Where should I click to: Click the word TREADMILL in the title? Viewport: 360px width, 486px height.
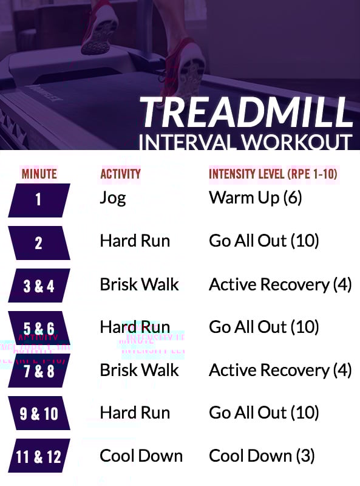246,112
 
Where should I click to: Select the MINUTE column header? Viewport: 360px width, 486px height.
39,174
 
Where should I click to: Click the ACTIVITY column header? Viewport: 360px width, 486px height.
120,174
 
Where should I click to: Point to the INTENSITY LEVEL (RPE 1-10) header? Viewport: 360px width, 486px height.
273,174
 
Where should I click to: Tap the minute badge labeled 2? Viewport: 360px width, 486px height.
39,243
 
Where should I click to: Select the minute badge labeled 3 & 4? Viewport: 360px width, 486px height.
39,286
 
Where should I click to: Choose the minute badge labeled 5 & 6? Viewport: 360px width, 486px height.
39,328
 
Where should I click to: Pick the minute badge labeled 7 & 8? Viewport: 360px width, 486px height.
39,371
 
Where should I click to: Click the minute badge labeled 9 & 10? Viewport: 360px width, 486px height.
39,414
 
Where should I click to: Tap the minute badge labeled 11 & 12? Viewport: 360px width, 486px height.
39,456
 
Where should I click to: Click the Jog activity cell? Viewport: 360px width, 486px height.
113,198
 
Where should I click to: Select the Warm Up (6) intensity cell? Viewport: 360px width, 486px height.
256,197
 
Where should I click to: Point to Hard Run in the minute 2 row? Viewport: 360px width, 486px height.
135,241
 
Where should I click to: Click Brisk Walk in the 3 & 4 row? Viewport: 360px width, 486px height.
139,284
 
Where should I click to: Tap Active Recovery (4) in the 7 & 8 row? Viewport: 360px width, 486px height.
280,370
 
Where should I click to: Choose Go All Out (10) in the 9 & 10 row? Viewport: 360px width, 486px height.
263,413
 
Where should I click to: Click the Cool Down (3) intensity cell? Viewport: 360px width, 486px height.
262,456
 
